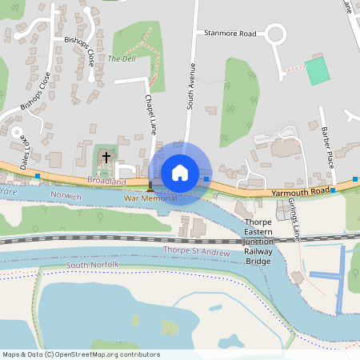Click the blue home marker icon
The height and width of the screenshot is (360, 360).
pos(180,173)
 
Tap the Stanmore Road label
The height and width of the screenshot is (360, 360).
pos(230,34)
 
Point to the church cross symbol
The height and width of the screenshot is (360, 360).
pos(106,157)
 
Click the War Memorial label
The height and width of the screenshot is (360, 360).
pos(150,198)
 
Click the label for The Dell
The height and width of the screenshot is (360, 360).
pos(122,58)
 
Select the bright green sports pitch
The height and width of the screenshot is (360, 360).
pos(318,70)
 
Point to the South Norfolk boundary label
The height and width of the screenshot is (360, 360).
pos(93,264)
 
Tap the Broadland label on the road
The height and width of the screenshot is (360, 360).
pos(106,182)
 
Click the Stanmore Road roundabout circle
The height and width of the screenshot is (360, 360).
pos(276,34)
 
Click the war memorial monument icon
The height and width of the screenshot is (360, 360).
pos(150,188)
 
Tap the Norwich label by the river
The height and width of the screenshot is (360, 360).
pos(66,196)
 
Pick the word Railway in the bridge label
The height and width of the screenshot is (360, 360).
pos(258,251)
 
